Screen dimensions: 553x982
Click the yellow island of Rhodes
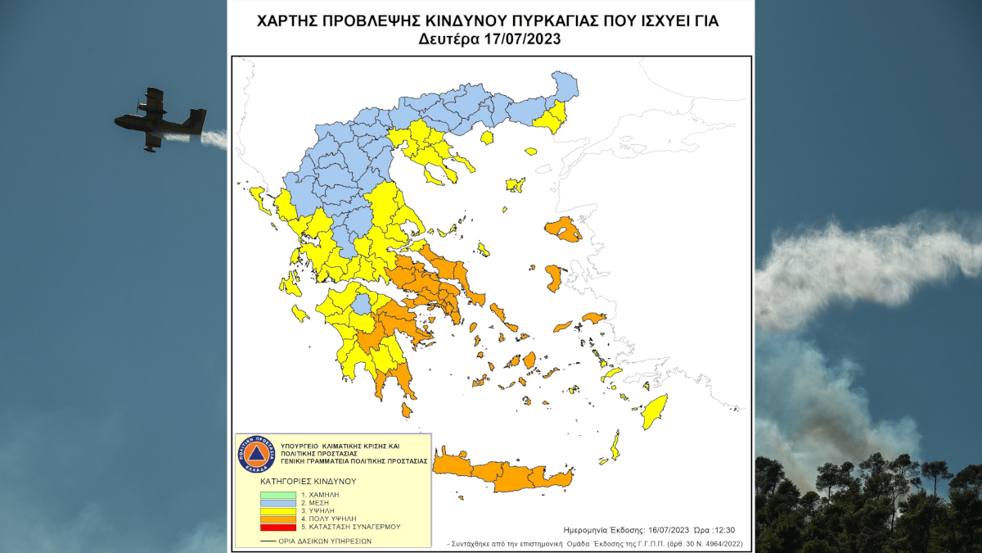[654, 412]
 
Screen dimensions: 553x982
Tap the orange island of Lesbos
[564, 229]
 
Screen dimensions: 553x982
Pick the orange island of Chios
[554, 278]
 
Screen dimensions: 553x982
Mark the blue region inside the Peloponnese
[361, 305]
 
